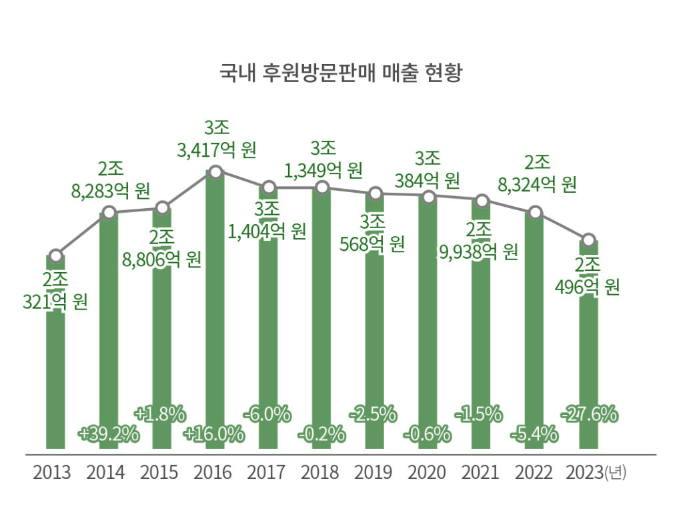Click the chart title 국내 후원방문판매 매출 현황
click(x=341, y=72)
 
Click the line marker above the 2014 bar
click(x=109, y=213)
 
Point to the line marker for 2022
click(x=534, y=213)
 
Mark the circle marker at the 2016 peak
click(x=215, y=172)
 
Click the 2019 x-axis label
click(x=374, y=473)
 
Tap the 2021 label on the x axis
click(x=480, y=473)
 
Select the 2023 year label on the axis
click(x=585, y=473)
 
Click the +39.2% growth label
click(x=108, y=434)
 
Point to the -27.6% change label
click(x=588, y=414)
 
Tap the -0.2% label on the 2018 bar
click(x=321, y=434)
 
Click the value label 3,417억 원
click(x=217, y=150)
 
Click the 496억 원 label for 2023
click(x=588, y=288)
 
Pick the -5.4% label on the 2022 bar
click(x=534, y=434)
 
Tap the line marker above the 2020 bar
click(x=428, y=197)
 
